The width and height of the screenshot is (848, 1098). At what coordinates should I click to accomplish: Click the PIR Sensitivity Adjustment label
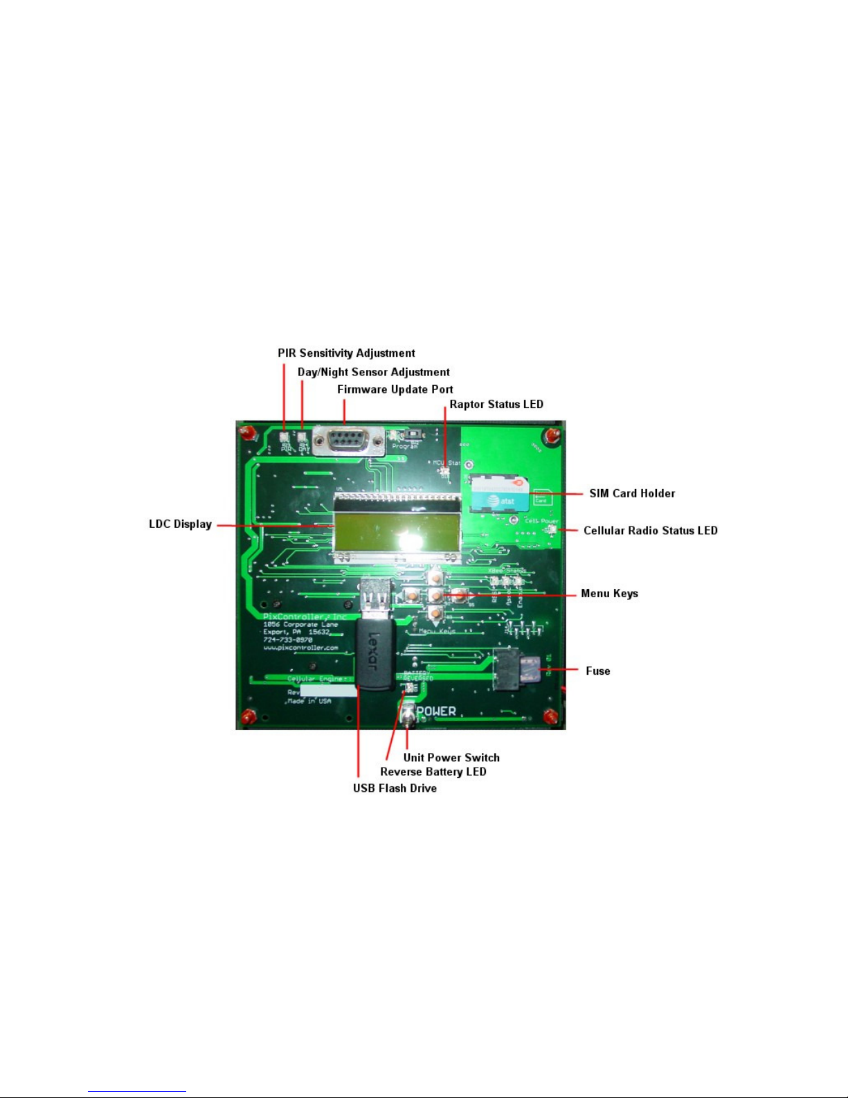tap(346, 353)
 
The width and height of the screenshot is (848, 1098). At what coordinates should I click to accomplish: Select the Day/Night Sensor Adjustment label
tap(373, 372)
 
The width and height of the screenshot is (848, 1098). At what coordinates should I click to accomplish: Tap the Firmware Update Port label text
tap(395, 389)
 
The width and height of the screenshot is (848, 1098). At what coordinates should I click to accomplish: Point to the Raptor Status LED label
tap(496, 404)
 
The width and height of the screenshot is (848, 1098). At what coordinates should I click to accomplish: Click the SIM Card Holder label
tap(632, 493)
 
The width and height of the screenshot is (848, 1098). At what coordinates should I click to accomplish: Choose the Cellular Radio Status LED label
tap(650, 531)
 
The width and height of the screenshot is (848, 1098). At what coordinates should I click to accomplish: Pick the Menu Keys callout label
tap(609, 594)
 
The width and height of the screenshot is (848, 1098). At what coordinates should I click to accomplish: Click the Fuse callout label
tap(597, 671)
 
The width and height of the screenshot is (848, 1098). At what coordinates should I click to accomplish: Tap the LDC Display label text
tap(180, 524)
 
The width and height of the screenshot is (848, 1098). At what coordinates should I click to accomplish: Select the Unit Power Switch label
tap(451, 758)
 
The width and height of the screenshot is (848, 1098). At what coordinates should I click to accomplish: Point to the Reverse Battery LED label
tap(433, 772)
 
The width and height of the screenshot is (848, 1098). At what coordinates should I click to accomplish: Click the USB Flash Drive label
tap(395, 788)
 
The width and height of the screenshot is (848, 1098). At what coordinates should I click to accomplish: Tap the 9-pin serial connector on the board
tap(348, 441)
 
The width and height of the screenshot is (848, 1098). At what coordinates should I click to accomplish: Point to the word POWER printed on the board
tap(437, 711)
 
